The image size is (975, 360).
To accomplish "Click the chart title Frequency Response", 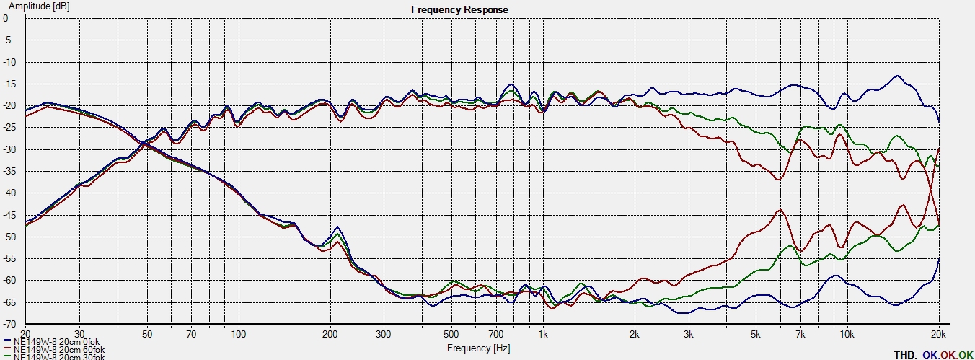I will (x=459, y=9).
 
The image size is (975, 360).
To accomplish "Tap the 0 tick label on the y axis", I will (x=6, y=19).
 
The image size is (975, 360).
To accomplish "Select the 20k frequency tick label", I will (x=938, y=334).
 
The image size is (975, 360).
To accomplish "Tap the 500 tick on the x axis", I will (x=451, y=334).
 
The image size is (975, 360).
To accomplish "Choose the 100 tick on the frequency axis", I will (x=239, y=334).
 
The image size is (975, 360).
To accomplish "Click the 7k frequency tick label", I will (x=800, y=334).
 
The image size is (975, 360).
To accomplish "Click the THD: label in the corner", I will (x=905, y=354).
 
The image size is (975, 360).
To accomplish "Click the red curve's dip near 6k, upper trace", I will (x=778, y=179).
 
